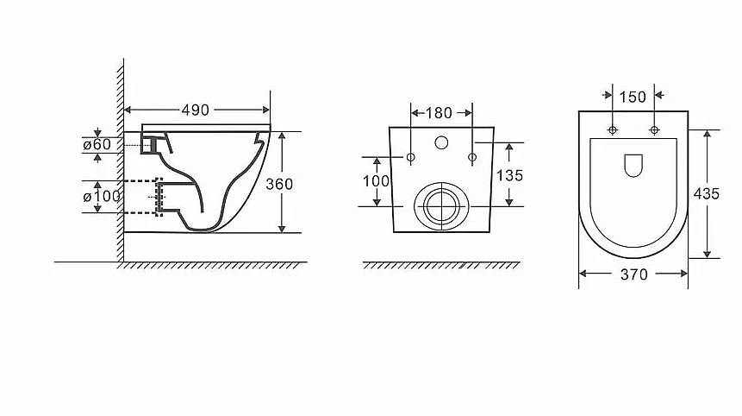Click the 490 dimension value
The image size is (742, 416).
[195, 110]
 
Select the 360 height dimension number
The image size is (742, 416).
[279, 184]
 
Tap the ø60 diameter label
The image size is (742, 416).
[97, 144]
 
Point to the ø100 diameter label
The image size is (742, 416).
[102, 196]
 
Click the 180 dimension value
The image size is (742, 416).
[439, 113]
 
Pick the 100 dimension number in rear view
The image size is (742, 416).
[377, 180]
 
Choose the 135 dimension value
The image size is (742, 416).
[509, 175]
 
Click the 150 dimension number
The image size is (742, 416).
[633, 98]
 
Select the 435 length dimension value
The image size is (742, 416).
[706, 193]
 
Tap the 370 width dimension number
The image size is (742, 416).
[633, 274]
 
